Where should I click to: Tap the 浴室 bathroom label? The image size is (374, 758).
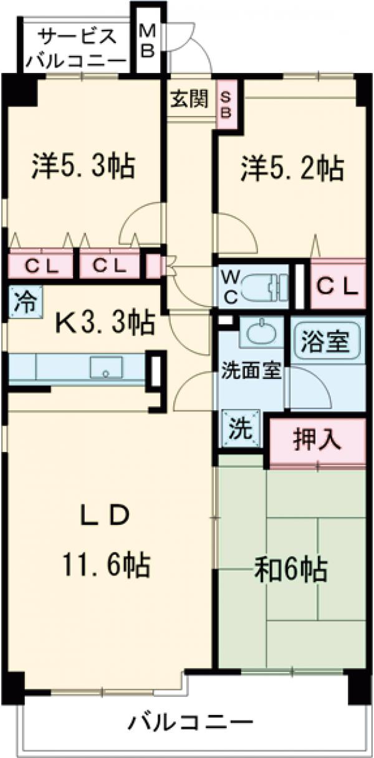point(327,341)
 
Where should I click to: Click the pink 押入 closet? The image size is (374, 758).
point(317,440)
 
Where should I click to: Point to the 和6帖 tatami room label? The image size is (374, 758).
point(290,568)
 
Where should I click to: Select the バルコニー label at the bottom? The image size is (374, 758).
point(191,724)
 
